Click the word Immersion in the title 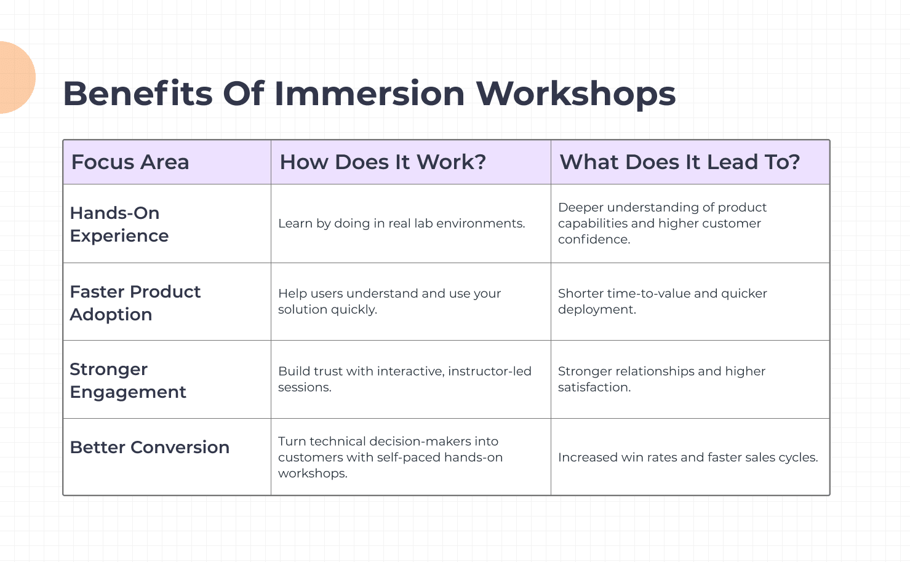pos(369,94)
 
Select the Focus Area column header pos(130,162)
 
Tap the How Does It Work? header pos(383,162)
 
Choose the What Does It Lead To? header pos(679,162)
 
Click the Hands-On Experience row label pos(119,224)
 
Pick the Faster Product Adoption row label pos(135,303)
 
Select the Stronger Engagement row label pos(127,381)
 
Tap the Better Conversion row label pos(150,448)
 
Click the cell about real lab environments pos(401,224)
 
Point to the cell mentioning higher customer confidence pos(661,224)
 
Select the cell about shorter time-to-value pos(662,301)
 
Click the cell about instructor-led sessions pos(404,379)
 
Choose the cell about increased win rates pos(687,457)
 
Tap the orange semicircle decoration pos(15,77)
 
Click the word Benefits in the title pos(138,94)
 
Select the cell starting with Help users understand pos(389,301)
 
